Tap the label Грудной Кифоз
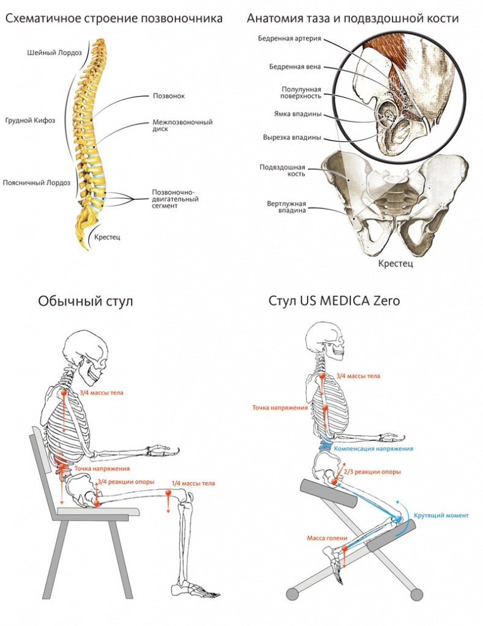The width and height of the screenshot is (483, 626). point(29,120)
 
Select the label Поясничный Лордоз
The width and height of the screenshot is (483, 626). point(36,182)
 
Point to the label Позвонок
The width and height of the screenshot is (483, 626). point(168,96)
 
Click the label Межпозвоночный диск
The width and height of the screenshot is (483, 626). point(182,126)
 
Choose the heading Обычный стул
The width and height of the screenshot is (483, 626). point(85,301)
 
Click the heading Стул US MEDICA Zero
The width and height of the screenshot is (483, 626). point(334,301)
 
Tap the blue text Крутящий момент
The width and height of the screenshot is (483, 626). point(441,515)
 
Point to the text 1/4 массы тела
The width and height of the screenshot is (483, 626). point(193,484)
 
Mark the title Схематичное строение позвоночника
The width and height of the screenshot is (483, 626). point(114,19)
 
